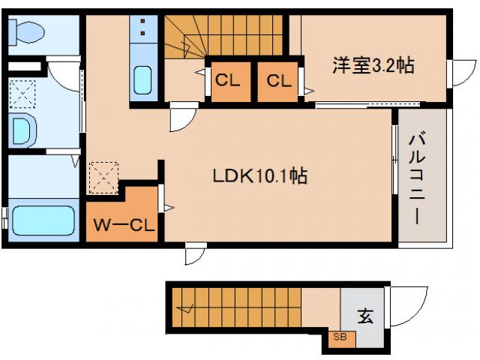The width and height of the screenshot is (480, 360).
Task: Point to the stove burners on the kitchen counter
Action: (x=142, y=31)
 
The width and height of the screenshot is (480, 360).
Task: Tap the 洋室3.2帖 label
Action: (x=373, y=66)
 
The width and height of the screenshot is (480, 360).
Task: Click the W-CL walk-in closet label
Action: (x=124, y=224)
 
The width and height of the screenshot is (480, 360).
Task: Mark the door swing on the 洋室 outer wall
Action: (x=458, y=72)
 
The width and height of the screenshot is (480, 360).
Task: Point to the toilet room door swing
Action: (x=63, y=76)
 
